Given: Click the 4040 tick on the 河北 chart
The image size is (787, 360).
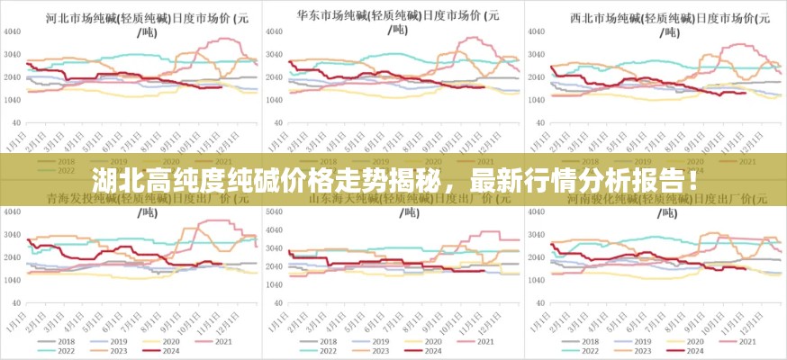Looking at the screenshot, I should click(x=13, y=31).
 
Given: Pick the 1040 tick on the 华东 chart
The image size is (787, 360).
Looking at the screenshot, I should click(x=275, y=99).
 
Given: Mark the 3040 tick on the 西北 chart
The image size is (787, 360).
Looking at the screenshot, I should click(x=537, y=54).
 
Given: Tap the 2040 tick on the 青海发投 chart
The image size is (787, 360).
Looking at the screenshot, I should click(x=13, y=258).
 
